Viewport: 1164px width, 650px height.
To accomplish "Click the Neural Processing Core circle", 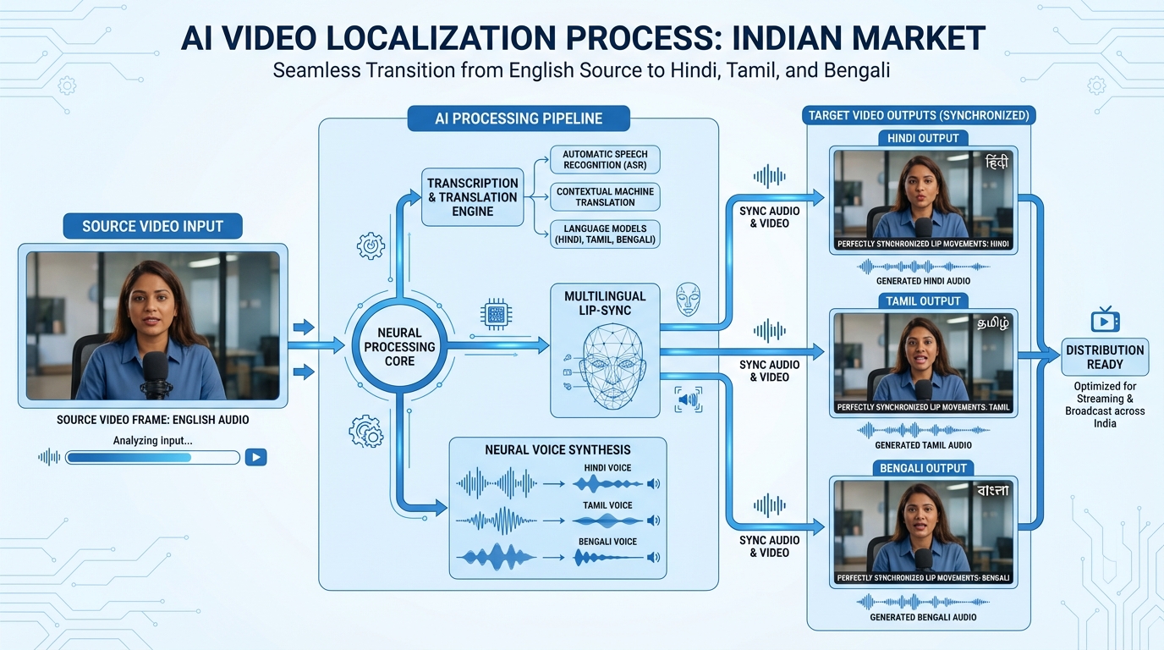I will tap(400, 347).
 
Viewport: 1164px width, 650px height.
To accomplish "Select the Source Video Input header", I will tap(152, 226).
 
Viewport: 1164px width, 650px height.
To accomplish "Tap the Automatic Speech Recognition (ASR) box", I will tap(605, 158).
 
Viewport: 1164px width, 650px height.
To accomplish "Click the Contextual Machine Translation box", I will tap(605, 196).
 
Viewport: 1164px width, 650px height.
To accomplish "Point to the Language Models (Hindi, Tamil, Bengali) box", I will tap(605, 234).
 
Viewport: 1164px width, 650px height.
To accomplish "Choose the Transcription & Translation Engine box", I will tap(472, 197).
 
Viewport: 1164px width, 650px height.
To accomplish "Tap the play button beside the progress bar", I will tap(255, 457).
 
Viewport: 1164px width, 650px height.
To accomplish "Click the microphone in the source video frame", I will tap(156, 372).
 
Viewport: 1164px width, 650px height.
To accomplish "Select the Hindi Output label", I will tap(923, 138).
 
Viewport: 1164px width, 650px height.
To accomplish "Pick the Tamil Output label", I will tap(923, 300).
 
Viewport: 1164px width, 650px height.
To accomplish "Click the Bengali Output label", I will tap(923, 468).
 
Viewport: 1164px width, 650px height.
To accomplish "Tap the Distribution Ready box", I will tap(1105, 357).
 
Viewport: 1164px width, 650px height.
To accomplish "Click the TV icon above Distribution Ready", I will tap(1105, 320).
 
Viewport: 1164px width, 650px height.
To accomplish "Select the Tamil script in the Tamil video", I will tap(991, 323).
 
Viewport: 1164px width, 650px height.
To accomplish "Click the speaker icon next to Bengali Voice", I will tap(652, 558).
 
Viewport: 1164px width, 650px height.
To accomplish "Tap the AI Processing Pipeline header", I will tap(519, 118).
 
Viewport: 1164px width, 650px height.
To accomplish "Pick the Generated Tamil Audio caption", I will tap(923, 445).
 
